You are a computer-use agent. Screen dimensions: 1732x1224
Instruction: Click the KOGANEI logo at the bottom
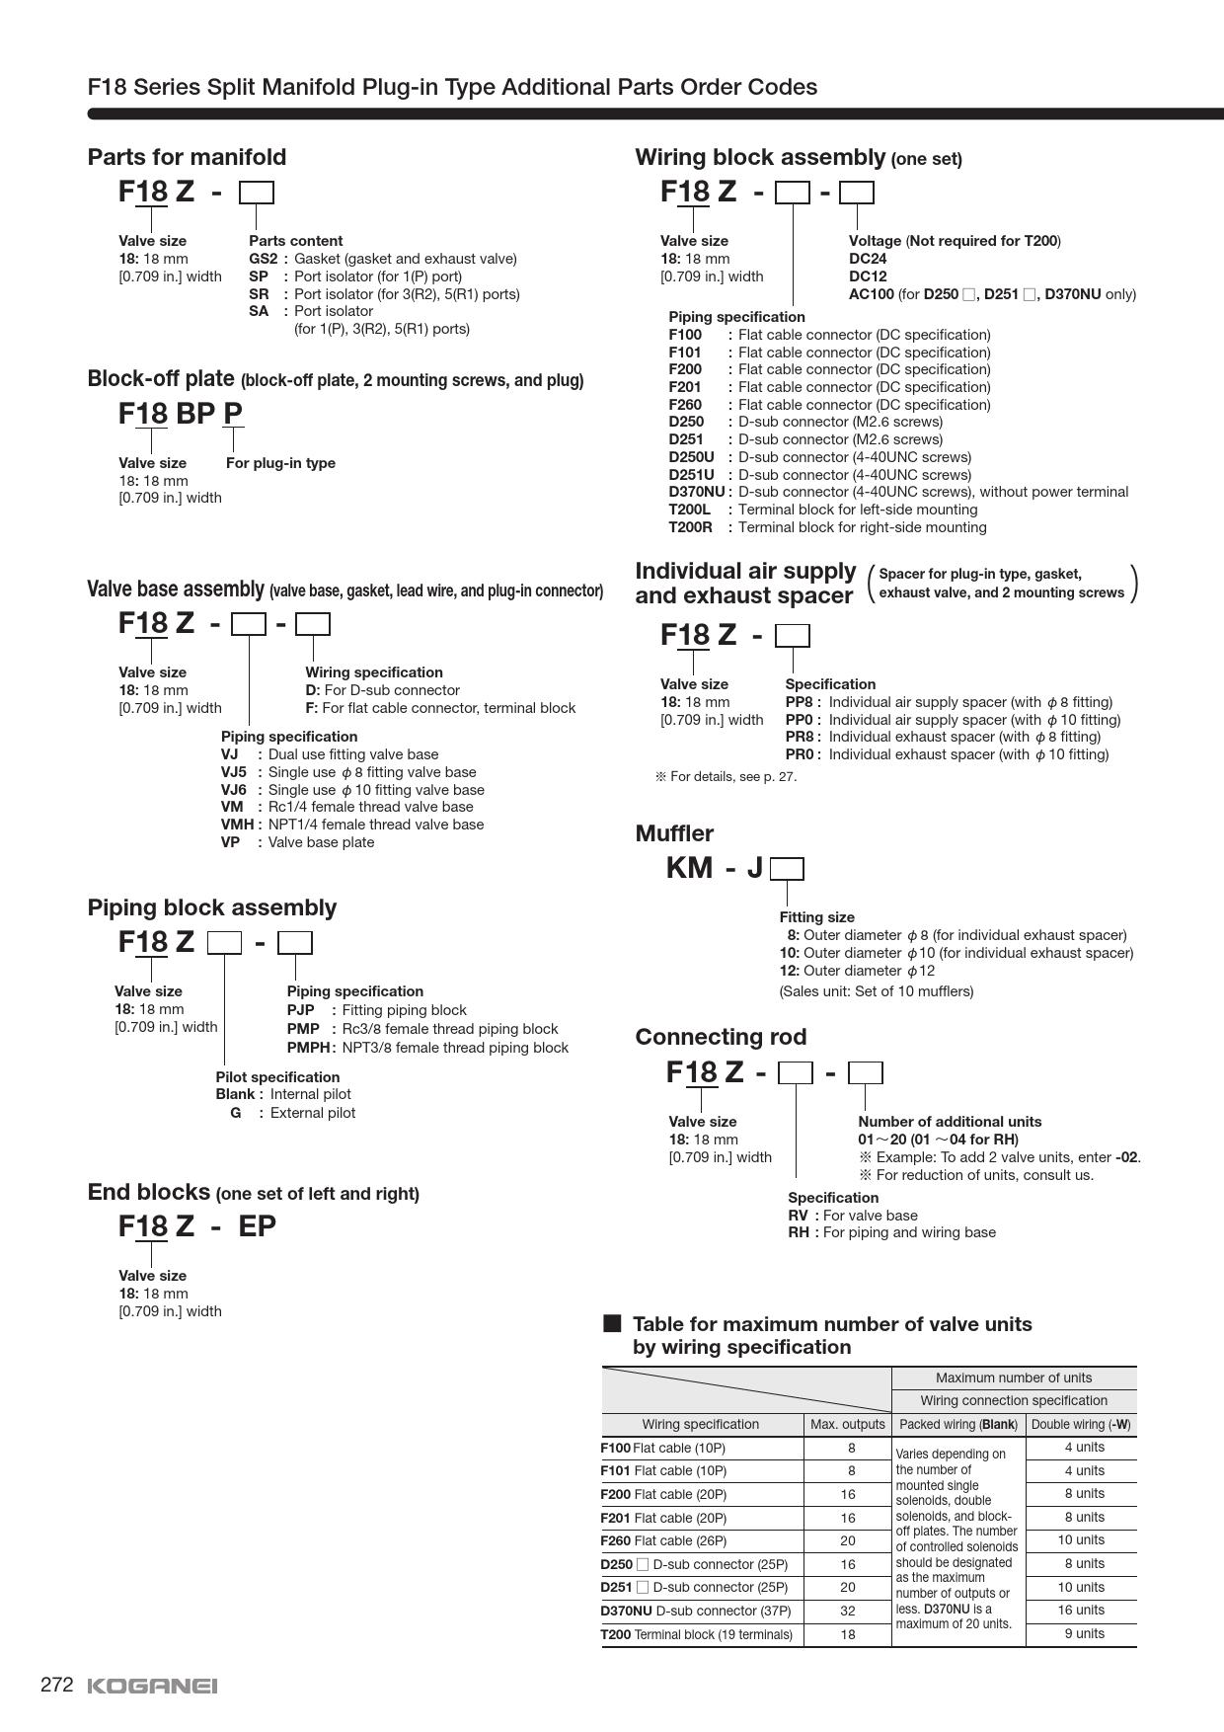152,1686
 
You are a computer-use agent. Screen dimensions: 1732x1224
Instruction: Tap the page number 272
57,1685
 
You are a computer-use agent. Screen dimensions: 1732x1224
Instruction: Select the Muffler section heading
674,833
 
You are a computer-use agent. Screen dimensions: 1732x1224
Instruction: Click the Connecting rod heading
721,1037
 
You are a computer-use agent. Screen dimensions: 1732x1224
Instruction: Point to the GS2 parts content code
263,259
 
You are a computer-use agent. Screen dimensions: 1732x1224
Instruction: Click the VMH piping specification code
238,825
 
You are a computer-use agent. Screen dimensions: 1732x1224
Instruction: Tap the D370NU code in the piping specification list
697,492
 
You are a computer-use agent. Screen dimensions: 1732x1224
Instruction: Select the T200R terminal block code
690,527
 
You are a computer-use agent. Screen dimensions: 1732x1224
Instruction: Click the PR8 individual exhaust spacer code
799,737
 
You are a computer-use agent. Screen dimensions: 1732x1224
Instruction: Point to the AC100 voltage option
871,294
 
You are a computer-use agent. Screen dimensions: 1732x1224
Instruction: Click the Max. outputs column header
847,1424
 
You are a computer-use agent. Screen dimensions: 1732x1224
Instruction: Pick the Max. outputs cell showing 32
847,1611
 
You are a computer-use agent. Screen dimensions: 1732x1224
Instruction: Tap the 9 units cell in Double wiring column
1082,1633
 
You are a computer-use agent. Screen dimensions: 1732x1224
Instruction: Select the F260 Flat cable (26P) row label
663,1540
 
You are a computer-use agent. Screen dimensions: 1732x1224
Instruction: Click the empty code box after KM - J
787,869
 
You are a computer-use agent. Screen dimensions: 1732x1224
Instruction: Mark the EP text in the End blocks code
257,1226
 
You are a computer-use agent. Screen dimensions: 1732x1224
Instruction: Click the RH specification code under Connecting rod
798,1232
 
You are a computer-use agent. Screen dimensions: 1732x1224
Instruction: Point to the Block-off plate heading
161,379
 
